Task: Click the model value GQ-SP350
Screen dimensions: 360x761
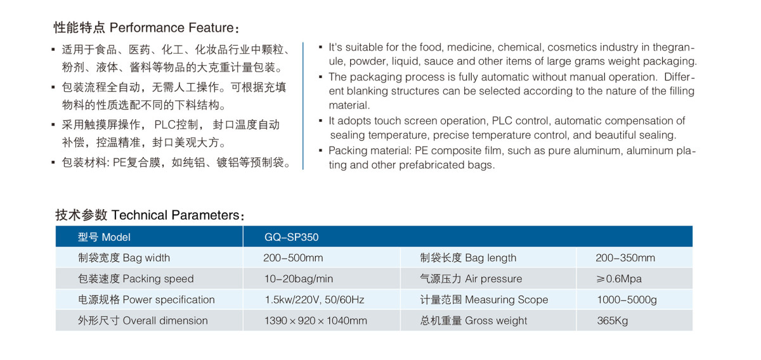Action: [291, 238]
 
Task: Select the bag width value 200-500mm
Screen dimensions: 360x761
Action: [293, 258]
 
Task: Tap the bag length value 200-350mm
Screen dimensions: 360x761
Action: [625, 258]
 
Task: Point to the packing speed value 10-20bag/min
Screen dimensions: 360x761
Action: [298, 279]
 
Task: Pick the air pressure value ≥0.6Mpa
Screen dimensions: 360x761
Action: [618, 279]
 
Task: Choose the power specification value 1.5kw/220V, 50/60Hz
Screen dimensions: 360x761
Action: [314, 300]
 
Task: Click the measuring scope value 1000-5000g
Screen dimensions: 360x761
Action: [627, 300]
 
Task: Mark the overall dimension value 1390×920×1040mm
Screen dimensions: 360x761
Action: [315, 321]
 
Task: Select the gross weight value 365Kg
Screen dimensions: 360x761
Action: [612, 321]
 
